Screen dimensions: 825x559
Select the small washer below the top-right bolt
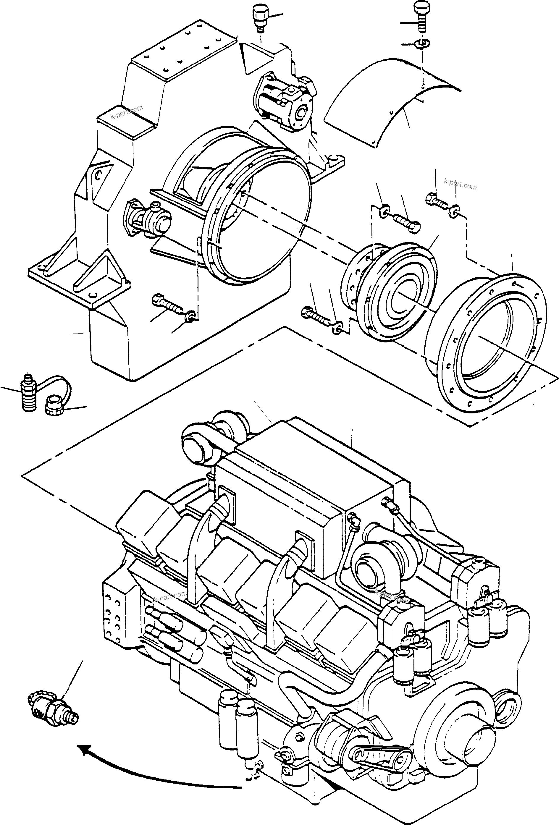422,44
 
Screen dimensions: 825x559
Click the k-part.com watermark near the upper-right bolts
460,185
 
